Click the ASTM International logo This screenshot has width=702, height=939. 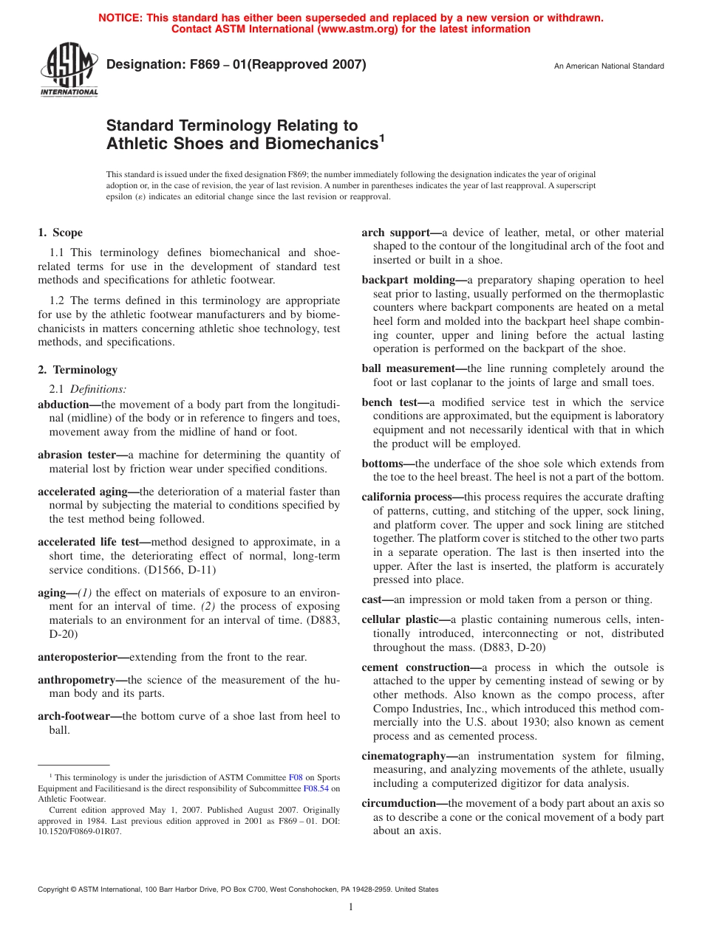[x=69, y=71]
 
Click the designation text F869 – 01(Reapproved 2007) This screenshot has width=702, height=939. [x=236, y=64]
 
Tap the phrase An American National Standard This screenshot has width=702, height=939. [x=609, y=66]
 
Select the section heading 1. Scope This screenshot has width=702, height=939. [x=60, y=233]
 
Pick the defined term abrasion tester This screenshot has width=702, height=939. [x=80, y=455]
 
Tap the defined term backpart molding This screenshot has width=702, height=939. [x=412, y=280]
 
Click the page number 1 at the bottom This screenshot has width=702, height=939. [x=351, y=907]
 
